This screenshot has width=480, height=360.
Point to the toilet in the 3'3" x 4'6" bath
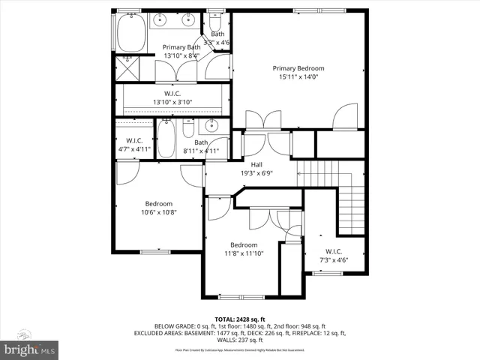[217, 22]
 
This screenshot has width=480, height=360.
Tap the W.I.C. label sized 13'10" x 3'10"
[173, 94]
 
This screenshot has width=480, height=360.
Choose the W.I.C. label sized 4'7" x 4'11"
[135, 141]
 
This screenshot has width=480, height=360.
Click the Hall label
[256, 164]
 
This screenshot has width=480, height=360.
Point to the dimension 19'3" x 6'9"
[256, 173]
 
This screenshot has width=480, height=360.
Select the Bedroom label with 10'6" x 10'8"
[159, 203]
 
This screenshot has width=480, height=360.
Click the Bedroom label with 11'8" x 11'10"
[244, 245]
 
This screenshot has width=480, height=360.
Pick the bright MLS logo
[30, 349]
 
